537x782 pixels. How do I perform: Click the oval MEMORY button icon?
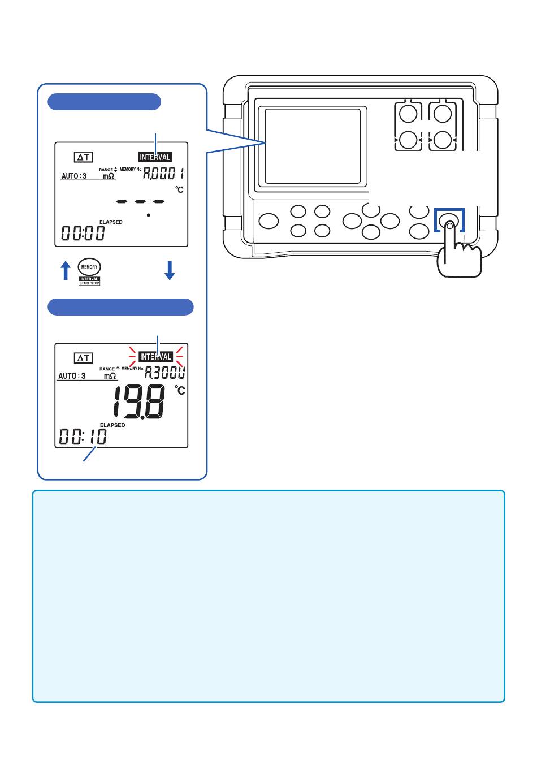click(x=89, y=267)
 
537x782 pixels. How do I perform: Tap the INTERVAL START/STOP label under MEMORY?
click(x=89, y=281)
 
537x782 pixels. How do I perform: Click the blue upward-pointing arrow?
click(x=66, y=270)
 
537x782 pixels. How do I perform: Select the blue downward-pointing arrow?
click(x=170, y=270)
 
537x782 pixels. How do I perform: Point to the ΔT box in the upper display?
click(x=84, y=157)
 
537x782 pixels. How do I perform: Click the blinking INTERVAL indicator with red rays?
click(x=155, y=357)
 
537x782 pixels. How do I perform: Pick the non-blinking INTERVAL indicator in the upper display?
click(x=155, y=157)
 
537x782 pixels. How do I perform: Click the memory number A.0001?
click(x=163, y=173)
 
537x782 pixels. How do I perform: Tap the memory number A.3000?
click(x=164, y=373)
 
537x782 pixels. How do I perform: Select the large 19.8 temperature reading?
click(x=139, y=401)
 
